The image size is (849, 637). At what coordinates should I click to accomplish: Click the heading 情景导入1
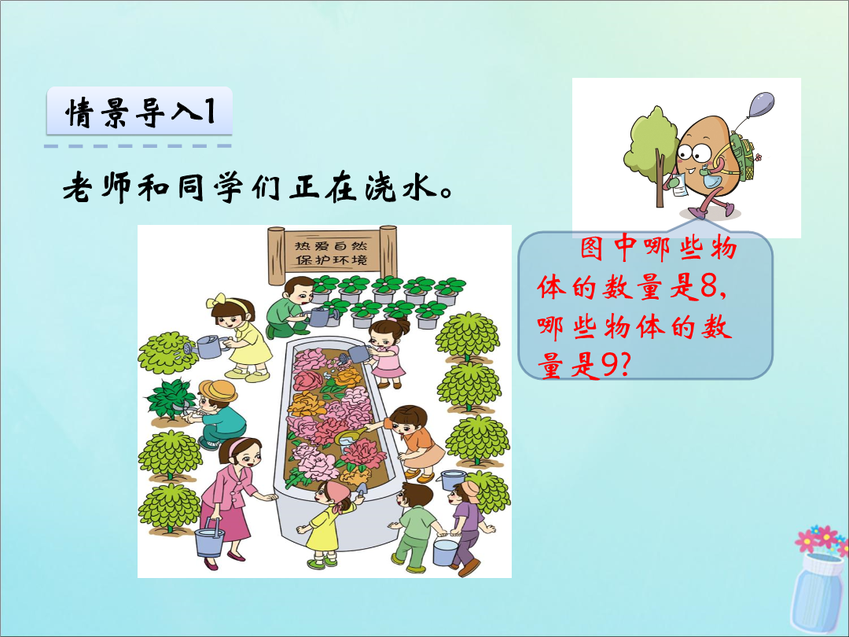[140, 112]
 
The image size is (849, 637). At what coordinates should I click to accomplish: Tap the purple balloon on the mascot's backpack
[761, 104]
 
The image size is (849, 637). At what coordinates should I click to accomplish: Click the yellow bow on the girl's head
[216, 300]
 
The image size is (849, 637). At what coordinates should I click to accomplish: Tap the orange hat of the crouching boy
[217, 389]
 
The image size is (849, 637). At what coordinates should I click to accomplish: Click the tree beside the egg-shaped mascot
[651, 153]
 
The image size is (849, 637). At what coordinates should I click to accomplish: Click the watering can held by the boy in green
[319, 316]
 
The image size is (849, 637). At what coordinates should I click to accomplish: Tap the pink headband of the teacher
[237, 447]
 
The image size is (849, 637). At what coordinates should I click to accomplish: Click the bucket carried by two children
[447, 550]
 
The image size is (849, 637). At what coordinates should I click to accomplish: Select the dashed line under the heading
[138, 146]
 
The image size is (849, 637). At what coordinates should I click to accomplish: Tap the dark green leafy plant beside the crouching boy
[170, 399]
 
